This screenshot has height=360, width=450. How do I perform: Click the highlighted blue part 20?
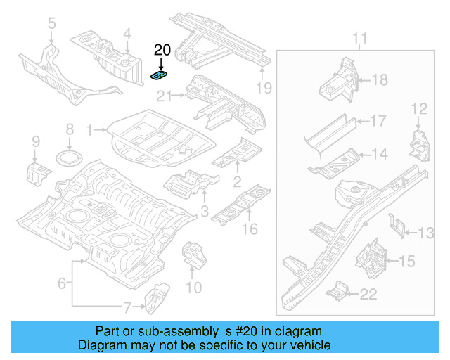tap(160, 75)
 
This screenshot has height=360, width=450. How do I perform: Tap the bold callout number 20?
tap(162, 50)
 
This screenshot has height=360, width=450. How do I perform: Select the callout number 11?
tap(359, 37)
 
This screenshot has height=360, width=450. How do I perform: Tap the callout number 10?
tap(193, 287)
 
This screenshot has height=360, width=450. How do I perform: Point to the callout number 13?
tap(427, 233)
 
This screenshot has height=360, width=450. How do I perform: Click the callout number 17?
tap(378, 121)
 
